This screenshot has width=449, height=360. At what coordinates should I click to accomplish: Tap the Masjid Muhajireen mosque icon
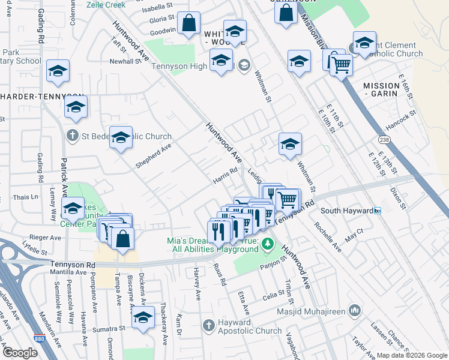click(x=355, y=310)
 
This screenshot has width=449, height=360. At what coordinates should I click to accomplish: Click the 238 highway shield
click(x=384, y=139)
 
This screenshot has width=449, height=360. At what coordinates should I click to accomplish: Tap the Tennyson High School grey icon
click(x=244, y=65)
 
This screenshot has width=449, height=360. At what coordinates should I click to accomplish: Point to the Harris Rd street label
click(x=226, y=176)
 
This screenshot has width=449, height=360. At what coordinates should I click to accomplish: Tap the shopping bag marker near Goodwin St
click(x=188, y=24)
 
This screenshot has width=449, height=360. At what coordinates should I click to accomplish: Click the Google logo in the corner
click(x=19, y=352)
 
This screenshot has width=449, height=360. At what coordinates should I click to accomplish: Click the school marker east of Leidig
click(x=290, y=145)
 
